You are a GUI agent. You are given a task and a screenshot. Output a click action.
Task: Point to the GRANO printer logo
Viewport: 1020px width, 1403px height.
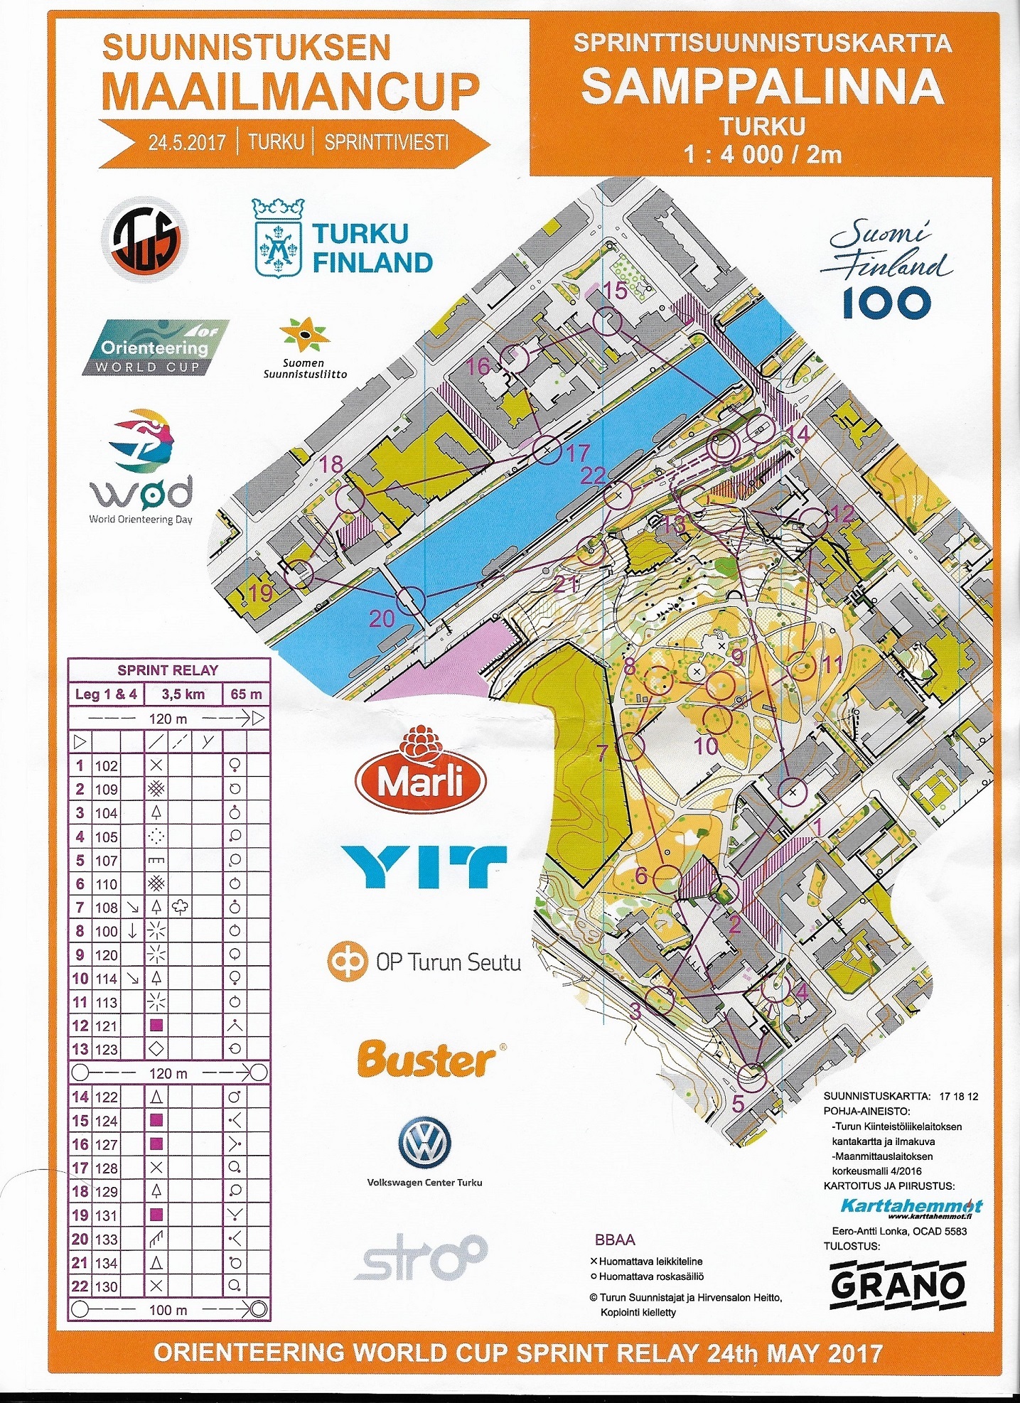tap(897, 1284)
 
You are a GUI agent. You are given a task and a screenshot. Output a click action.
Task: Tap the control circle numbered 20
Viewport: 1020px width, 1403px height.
tap(410, 601)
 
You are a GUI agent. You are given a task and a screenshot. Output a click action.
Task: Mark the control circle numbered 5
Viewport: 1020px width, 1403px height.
tap(751, 1078)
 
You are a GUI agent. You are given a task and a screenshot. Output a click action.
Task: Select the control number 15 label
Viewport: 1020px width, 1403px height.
tap(616, 290)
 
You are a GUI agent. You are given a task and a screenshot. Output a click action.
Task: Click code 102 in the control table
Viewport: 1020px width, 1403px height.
tap(107, 765)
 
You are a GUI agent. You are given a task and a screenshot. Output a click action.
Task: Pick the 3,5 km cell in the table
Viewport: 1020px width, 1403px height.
tap(183, 694)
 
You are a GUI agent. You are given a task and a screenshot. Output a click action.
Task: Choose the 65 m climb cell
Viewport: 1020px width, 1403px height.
tap(246, 694)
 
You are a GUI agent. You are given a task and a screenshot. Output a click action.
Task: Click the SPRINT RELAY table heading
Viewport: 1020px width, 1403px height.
tap(168, 670)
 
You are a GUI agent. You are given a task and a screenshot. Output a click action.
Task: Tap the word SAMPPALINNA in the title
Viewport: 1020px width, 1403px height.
tap(762, 87)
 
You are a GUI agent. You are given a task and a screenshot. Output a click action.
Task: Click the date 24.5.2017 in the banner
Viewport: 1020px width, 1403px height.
tap(187, 142)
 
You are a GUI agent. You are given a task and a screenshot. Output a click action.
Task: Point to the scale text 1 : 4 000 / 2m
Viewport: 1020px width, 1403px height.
tap(762, 154)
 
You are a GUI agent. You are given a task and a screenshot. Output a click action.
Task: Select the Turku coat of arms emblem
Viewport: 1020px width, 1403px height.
tap(278, 239)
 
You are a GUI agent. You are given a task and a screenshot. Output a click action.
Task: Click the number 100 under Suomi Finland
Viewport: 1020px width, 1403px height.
tap(886, 303)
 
